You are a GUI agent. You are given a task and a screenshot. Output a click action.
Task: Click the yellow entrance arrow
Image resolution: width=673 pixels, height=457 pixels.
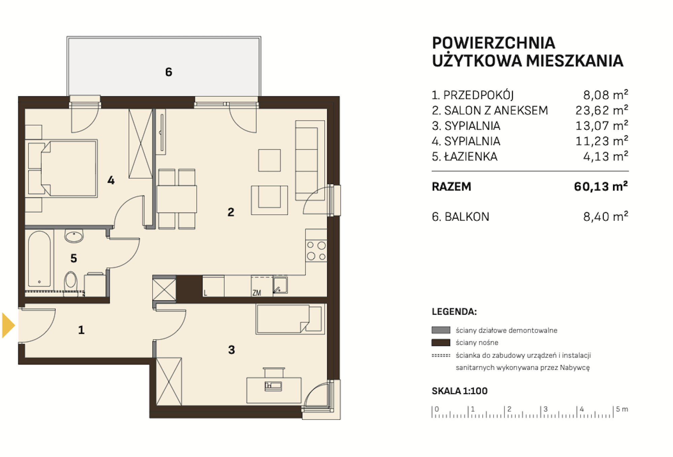(8, 325)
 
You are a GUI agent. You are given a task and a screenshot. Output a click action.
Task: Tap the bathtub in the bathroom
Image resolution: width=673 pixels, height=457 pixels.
(39, 259)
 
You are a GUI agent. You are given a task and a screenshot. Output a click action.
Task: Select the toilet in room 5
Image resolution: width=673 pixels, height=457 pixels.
(71, 281)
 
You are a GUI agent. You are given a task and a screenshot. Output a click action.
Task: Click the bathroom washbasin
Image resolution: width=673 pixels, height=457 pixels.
(74, 236)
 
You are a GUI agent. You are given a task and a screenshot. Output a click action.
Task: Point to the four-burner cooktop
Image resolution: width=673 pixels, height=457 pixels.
(316, 251)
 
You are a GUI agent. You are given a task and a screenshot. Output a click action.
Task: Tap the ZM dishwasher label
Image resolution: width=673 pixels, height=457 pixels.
(256, 293)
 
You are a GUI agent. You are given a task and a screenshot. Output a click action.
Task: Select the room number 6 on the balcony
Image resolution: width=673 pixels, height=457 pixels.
(169, 72)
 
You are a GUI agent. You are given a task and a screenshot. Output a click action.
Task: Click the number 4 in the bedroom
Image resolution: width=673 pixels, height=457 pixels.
(111, 180)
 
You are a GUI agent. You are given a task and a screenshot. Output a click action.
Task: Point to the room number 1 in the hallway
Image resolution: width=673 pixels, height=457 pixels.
(81, 330)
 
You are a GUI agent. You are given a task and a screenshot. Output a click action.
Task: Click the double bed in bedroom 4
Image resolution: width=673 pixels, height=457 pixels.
(69, 168)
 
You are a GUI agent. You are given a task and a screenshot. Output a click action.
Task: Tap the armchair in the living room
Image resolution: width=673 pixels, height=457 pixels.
(269, 200)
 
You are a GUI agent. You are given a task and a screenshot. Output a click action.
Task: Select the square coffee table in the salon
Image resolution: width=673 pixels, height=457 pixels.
(269, 160)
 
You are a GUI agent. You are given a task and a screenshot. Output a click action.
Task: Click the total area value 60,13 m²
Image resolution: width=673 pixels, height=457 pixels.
(601, 186)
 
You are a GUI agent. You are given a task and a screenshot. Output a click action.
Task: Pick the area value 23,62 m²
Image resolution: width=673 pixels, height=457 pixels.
(602, 110)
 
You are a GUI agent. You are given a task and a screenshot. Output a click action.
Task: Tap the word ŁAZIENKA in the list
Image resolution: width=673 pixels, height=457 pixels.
(471, 157)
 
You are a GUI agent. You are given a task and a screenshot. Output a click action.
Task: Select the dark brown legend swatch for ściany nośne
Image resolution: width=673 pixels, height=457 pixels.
(441, 342)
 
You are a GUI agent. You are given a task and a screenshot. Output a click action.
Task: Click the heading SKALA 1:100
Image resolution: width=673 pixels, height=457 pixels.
(460, 391)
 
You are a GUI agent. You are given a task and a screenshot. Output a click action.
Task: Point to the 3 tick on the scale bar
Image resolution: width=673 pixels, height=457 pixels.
(541, 412)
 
